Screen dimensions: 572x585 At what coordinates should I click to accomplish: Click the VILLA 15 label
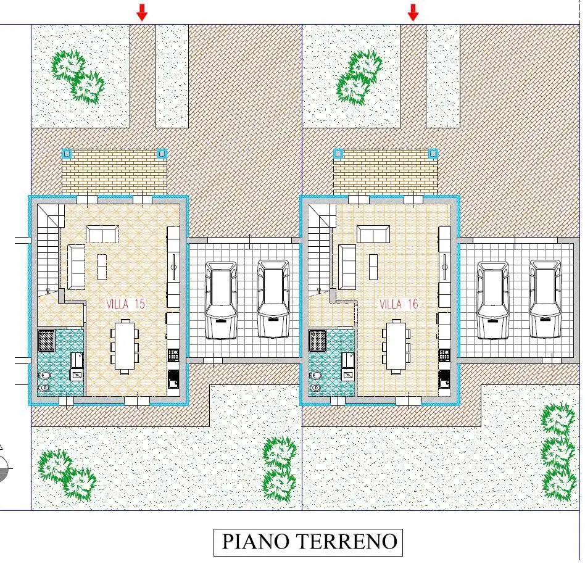(x=126, y=304)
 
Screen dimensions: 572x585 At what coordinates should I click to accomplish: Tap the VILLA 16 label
(x=398, y=304)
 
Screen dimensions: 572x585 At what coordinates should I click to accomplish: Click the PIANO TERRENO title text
(x=309, y=542)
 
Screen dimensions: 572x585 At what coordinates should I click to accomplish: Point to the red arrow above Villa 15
(x=142, y=12)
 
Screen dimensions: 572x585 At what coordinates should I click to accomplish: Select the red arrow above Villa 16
(x=413, y=12)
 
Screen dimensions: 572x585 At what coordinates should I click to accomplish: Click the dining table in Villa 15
(x=125, y=346)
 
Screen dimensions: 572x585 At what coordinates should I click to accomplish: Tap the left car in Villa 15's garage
(x=221, y=300)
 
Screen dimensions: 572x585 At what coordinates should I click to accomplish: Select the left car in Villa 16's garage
(x=492, y=300)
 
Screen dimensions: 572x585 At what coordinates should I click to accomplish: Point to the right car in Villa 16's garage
(x=545, y=299)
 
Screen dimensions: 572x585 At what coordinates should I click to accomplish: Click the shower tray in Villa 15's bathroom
(x=47, y=340)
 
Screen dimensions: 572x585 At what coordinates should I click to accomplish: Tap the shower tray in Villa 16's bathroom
(x=318, y=340)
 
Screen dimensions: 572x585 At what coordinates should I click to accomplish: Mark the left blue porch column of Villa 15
(x=67, y=153)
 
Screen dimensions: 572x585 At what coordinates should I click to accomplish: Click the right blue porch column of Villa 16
(x=433, y=153)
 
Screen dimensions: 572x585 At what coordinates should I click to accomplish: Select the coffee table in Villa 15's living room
(x=101, y=263)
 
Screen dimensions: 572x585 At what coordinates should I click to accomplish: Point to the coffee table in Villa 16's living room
(x=373, y=263)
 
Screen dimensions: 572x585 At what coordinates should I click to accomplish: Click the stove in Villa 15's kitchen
(x=173, y=355)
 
